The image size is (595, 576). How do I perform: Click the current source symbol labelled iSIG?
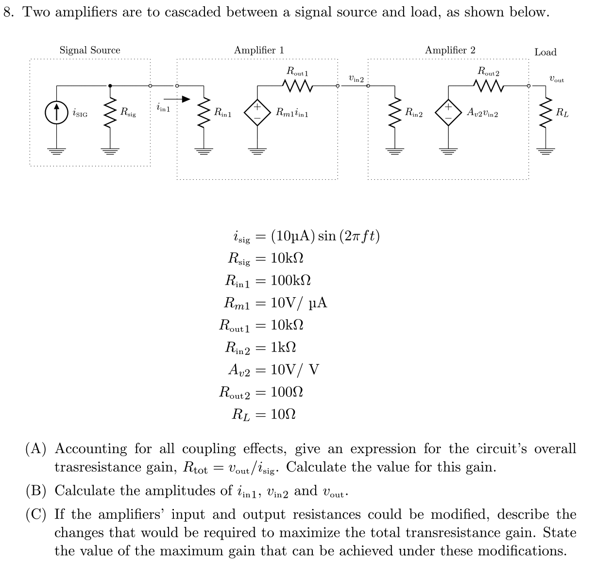[x=56, y=113]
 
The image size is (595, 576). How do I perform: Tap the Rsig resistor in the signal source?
[x=110, y=113]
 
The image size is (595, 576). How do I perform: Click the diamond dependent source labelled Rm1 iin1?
[x=257, y=113]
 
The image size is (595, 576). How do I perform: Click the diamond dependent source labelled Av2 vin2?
[x=448, y=113]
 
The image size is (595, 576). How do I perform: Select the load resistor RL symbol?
[x=546, y=113]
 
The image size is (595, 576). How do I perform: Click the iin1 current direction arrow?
[x=180, y=99]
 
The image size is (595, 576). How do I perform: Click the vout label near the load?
[x=556, y=79]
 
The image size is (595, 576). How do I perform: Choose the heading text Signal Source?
[x=90, y=50]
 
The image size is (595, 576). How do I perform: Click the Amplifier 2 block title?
[x=450, y=50]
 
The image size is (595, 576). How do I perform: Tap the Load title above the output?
[x=545, y=52]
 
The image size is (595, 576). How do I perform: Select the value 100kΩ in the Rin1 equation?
[x=290, y=280]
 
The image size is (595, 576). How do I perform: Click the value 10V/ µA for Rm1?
[x=299, y=303]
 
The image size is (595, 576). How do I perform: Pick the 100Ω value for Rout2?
[x=287, y=392]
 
